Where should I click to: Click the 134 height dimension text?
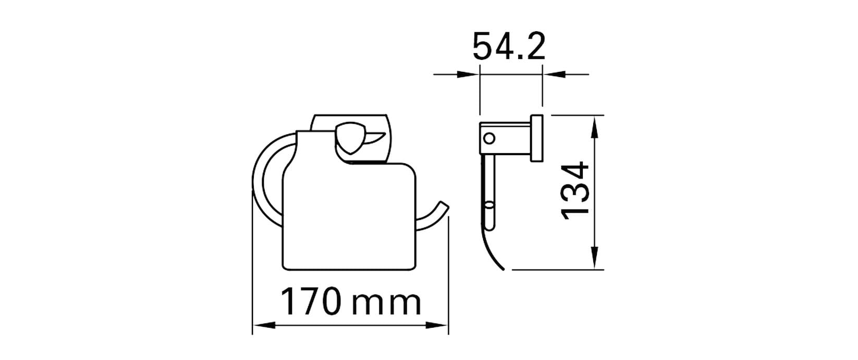coord(575,190)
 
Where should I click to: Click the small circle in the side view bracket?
coord(489,138)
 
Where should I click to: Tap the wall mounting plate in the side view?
coord(536,138)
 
